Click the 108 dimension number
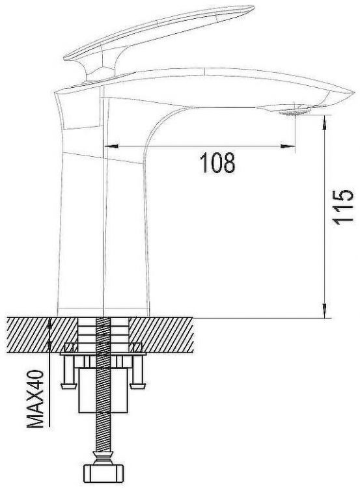point(217,163)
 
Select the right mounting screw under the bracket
point(137,376)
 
